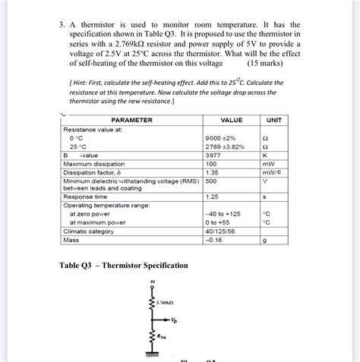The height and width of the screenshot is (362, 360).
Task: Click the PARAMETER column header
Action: (131, 121)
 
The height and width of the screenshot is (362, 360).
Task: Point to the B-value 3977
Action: (214, 155)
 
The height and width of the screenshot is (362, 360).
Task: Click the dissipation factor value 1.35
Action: (212, 172)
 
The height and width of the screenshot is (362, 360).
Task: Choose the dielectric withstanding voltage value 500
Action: (211, 181)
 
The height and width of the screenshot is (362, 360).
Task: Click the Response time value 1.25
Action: (212, 197)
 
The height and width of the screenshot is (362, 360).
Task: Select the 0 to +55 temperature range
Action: (218, 222)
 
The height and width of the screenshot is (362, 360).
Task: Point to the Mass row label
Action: (71, 240)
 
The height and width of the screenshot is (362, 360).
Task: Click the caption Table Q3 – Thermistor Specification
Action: (123, 265)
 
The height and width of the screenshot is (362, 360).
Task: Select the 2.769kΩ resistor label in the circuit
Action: (166, 302)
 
